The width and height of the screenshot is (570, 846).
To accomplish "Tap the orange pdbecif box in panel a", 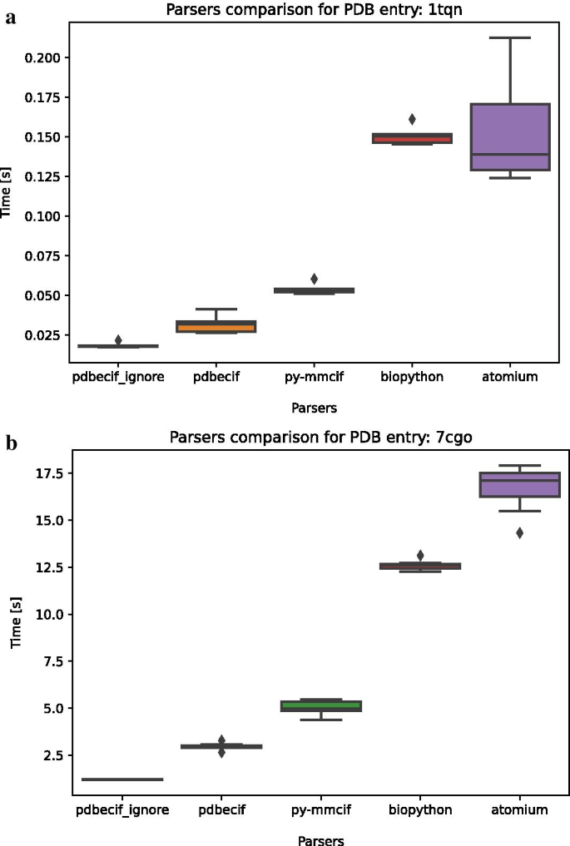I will [x=216, y=326].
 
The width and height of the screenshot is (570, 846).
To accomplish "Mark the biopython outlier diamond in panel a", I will [x=412, y=119].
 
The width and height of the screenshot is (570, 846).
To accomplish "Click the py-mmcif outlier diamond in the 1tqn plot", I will [x=314, y=279].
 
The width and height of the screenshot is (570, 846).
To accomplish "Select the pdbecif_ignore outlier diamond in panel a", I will [x=118, y=339].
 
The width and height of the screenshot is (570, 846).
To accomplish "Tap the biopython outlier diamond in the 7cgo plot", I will [x=420, y=555].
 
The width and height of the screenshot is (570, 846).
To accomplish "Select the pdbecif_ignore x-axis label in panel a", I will [x=118, y=378].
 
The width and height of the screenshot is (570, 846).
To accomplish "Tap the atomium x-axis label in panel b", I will [x=518, y=809].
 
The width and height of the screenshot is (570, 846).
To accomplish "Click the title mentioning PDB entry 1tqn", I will [x=315, y=11].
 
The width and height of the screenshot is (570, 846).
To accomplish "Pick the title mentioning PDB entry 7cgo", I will [x=321, y=438].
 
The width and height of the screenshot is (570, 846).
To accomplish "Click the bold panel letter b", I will [x=12, y=443].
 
